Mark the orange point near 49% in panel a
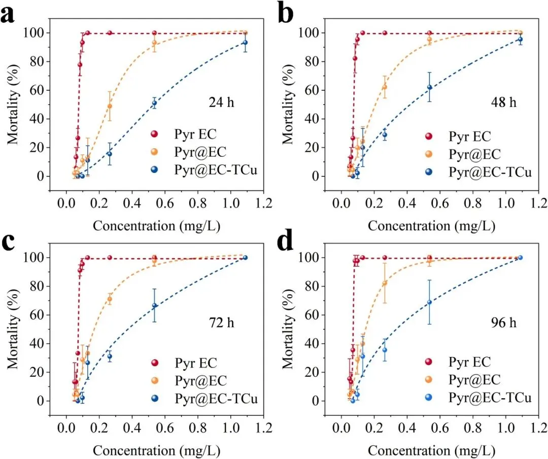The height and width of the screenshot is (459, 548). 110,106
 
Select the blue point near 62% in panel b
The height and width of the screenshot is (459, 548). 430,87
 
